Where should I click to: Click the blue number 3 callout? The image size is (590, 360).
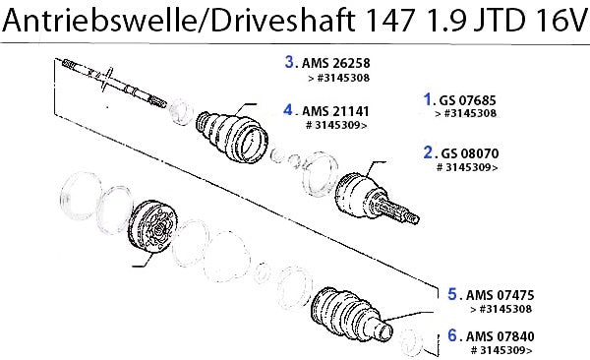pyautogui.click(x=289, y=62)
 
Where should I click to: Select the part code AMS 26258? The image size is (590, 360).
pyautogui.click(x=336, y=63)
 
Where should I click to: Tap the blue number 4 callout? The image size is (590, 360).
pyautogui.click(x=288, y=110)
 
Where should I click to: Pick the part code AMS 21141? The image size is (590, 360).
pyautogui.click(x=336, y=111)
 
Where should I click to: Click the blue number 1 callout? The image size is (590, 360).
pyautogui.click(x=427, y=99)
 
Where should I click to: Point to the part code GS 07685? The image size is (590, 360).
pyautogui.click(x=468, y=100)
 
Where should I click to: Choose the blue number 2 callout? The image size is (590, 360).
pyautogui.click(x=428, y=152)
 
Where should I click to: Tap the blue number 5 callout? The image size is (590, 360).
pyautogui.click(x=452, y=294)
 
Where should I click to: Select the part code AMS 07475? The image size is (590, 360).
pyautogui.click(x=501, y=295)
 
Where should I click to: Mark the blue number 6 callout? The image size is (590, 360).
pyautogui.click(x=452, y=334)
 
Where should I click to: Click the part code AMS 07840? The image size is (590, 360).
pyautogui.click(x=501, y=336)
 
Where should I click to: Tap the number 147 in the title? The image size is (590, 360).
pyautogui.click(x=389, y=20)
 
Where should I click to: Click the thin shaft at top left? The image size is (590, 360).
pyautogui.click(x=114, y=83)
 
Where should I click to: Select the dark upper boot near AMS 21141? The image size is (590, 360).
pyautogui.click(x=232, y=137)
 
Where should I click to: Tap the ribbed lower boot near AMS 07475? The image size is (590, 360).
pyautogui.click(x=351, y=316)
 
